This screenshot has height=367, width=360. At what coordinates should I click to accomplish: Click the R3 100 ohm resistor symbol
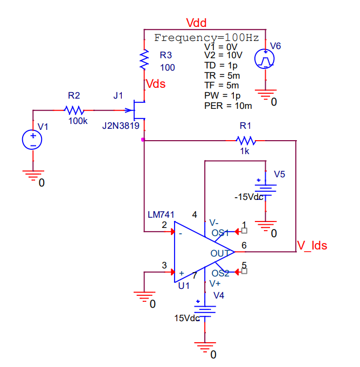pos(144,60)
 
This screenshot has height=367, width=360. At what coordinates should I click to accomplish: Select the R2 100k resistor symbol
pos(73,110)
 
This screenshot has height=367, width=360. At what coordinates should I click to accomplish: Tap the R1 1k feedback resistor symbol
pos(246,141)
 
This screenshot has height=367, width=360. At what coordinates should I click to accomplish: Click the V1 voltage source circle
pos(33,140)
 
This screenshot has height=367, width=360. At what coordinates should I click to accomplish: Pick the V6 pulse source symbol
pos(265,58)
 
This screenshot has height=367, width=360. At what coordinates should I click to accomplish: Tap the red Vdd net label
pos(196,23)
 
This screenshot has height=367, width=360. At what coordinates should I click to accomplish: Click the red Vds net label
pos(156,84)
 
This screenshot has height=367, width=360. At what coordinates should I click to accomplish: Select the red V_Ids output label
pos(312,246)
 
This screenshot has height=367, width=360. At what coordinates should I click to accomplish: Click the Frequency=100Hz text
pos(206,38)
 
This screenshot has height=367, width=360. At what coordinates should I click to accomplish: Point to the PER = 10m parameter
pos(228,106)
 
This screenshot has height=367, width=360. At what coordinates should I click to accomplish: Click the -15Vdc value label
pos(248,197)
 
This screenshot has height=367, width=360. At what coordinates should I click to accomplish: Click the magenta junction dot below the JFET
pos(142,140)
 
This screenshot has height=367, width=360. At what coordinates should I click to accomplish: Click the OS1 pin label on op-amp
pos(220,233)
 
